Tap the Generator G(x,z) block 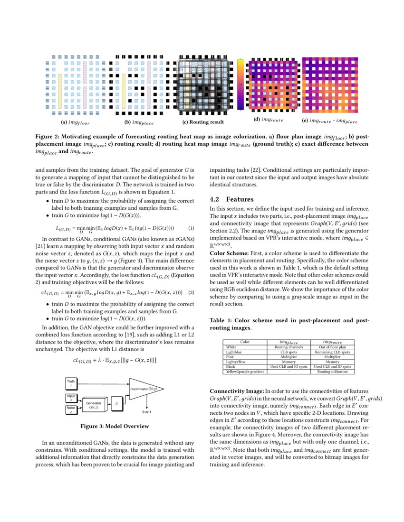93,405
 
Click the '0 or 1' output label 147,412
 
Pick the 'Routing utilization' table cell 333,372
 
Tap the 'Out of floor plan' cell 333,347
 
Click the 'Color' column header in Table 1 245,342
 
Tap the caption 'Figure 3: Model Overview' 115,426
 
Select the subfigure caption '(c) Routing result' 203,122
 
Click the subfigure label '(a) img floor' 75,122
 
